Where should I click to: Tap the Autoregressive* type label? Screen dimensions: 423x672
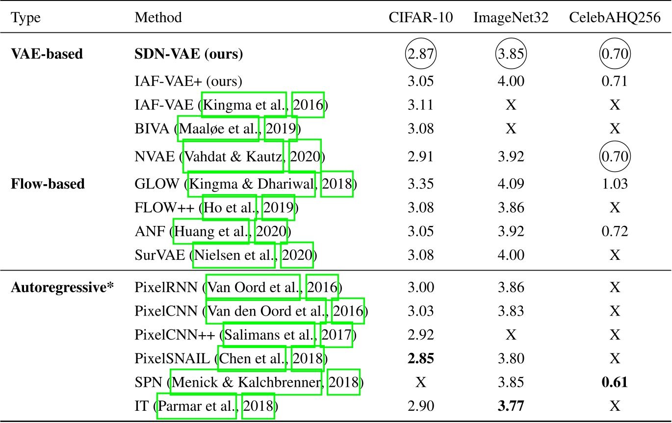(62, 287)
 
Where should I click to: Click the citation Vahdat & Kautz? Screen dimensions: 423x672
(233, 156)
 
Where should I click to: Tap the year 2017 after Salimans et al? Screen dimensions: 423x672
(336, 335)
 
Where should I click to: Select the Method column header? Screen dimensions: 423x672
(158, 18)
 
